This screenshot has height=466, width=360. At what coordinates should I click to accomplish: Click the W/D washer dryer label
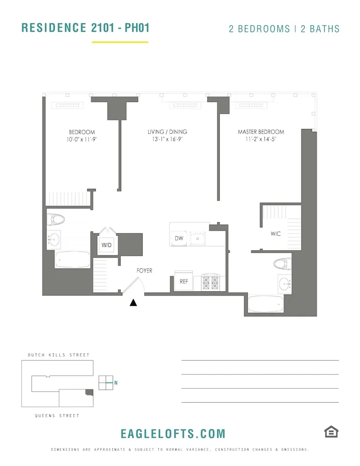(x=107, y=245)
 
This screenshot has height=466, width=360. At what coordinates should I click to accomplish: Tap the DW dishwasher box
(x=179, y=238)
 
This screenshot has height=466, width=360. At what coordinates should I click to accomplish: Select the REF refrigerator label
(x=183, y=281)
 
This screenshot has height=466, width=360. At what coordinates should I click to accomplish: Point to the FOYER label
(x=144, y=271)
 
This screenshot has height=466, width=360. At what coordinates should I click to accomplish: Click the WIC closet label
(x=276, y=234)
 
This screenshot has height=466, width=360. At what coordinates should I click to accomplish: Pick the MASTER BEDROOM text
(x=261, y=132)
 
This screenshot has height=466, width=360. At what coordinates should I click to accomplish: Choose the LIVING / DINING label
(x=167, y=132)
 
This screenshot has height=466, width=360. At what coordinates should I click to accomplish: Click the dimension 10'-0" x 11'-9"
(x=82, y=139)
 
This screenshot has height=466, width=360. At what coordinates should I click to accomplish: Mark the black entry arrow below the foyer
(x=134, y=303)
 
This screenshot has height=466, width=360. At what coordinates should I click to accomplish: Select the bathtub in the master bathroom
(x=265, y=304)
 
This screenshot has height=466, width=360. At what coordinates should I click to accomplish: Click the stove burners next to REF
(x=210, y=282)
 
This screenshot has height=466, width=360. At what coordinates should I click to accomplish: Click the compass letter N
(x=116, y=383)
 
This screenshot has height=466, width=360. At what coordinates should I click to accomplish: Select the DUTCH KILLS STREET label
(x=59, y=355)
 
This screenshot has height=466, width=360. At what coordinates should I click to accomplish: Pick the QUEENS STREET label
(x=57, y=416)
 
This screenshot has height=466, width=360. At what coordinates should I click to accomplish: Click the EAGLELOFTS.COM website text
(x=173, y=434)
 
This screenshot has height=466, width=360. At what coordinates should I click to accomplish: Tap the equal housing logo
(x=331, y=432)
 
